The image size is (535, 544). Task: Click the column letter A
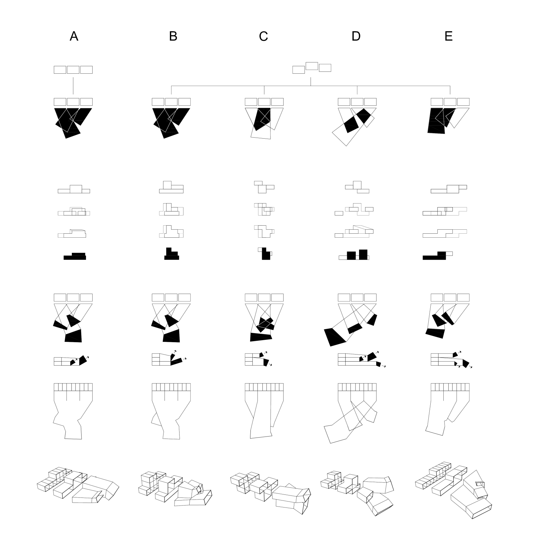point(74,36)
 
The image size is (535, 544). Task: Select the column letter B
point(173,36)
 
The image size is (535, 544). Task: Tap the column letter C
point(263,36)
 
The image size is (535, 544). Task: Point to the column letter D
point(356,36)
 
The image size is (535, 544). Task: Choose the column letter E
point(449,36)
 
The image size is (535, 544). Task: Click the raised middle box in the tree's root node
point(312,66)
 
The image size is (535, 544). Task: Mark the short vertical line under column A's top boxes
point(73,86)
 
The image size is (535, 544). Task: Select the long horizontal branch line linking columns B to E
point(311,86)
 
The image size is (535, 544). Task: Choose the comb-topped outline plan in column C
point(264,411)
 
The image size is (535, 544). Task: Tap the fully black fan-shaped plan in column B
point(171,123)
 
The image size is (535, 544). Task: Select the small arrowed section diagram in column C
point(258,359)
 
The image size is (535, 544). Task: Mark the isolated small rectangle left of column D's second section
point(339,213)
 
